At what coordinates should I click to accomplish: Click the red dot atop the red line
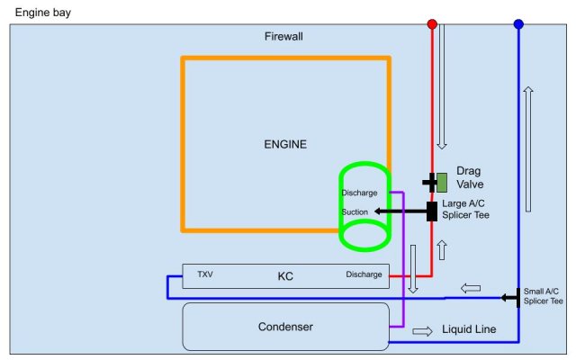pyautogui.click(x=432, y=24)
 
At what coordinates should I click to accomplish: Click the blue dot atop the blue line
pyautogui.click(x=518, y=24)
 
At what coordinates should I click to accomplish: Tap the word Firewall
pyautogui.click(x=283, y=37)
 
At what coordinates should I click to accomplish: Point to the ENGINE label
pyautogui.click(x=285, y=144)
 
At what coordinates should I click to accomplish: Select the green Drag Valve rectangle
pyautogui.click(x=442, y=182)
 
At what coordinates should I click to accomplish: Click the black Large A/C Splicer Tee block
pyautogui.click(x=432, y=211)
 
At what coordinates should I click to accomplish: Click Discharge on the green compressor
pyautogui.click(x=360, y=193)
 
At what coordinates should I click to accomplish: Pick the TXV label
pyautogui.click(x=205, y=274)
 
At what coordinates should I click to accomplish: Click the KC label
pyautogui.click(x=285, y=276)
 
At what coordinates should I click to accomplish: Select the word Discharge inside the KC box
pyautogui.click(x=364, y=274)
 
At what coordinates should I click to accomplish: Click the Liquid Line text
pyautogui.click(x=469, y=330)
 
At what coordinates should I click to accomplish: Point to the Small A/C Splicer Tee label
pyautogui.click(x=543, y=296)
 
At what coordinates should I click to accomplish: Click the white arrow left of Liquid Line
pyautogui.click(x=421, y=330)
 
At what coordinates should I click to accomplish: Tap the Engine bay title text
pyautogui.click(x=43, y=12)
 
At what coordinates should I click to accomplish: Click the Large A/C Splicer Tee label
pyautogui.click(x=466, y=210)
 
